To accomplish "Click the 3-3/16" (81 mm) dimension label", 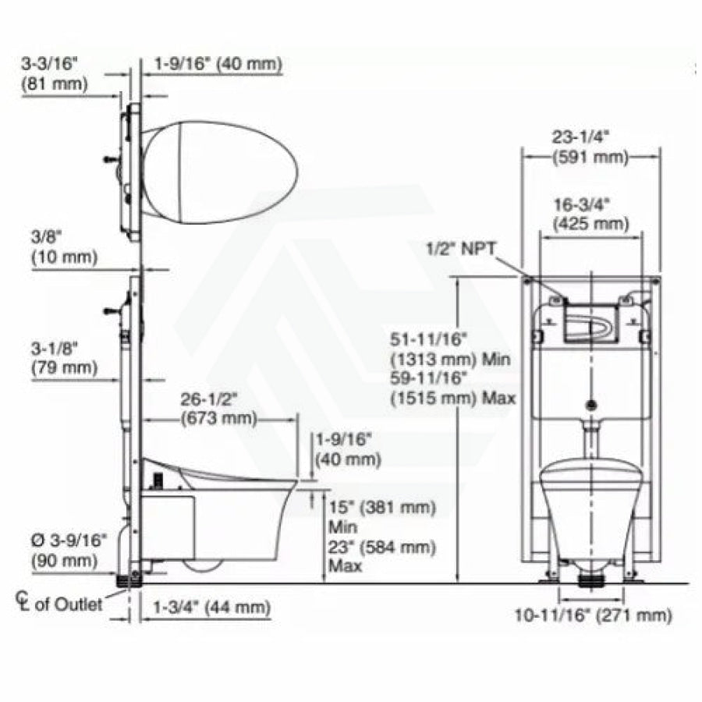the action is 54,74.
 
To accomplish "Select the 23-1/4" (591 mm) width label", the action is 590,147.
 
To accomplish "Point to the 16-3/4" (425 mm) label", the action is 591,214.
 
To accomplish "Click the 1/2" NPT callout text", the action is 461,249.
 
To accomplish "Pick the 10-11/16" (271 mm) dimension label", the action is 594,615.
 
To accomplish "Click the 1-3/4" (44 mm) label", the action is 211,608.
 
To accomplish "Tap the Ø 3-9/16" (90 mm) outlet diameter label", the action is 69,551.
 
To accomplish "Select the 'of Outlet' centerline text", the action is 69,604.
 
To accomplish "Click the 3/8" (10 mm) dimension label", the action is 64,247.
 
